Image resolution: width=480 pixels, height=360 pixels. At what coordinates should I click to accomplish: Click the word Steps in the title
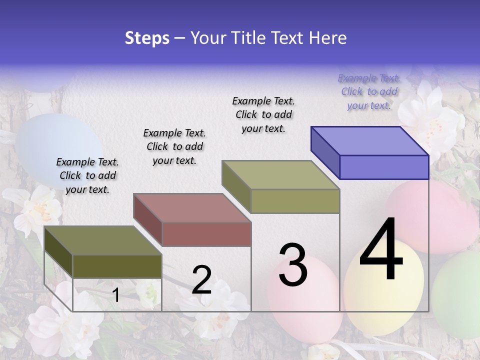click(x=147, y=38)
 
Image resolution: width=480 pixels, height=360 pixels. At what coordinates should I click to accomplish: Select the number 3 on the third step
click(x=293, y=265)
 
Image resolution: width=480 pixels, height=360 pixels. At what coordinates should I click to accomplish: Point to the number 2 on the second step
click(x=201, y=280)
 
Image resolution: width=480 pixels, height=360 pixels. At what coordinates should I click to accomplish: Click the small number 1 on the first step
click(x=115, y=295)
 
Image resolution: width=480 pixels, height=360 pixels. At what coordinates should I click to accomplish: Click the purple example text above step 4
click(x=369, y=91)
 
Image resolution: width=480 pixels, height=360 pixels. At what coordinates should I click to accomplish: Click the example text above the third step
click(x=263, y=114)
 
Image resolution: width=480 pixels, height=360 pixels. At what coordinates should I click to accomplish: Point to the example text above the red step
click(x=174, y=146)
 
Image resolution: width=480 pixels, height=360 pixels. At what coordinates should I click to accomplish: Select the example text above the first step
click(x=87, y=175)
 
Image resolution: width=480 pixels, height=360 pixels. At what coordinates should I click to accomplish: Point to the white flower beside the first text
click(x=37, y=210)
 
